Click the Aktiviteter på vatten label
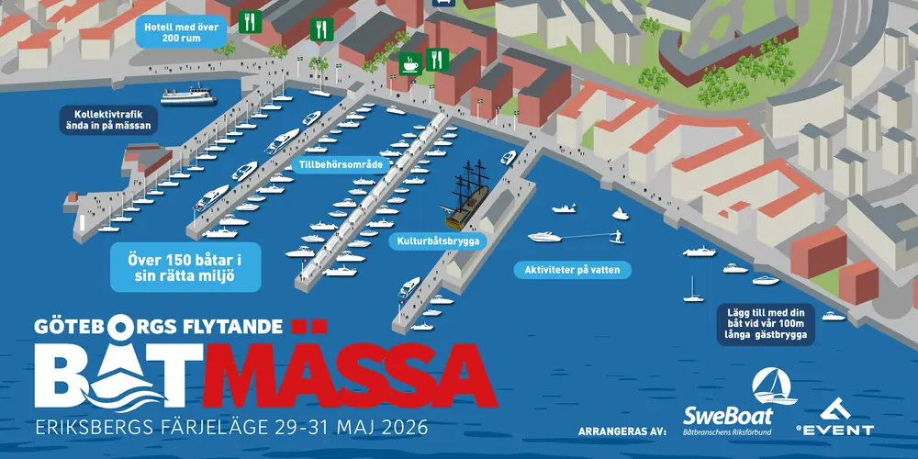click(566, 270)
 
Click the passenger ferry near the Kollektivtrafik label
click(187, 95)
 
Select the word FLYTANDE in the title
click(229, 326)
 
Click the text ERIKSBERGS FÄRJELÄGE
click(151, 429)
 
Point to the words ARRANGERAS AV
click(621, 430)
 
